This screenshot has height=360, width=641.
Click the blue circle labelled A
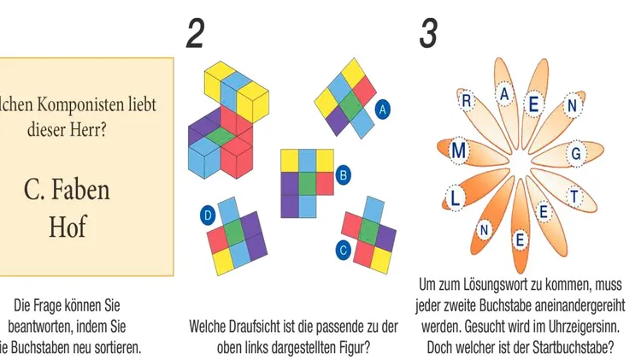(382, 109)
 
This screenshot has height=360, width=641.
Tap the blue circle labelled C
(344, 251)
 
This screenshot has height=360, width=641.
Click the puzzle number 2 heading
(196, 33)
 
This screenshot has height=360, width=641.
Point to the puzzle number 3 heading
(428, 33)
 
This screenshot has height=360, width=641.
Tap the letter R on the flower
(468, 101)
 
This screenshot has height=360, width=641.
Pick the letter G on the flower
(577, 154)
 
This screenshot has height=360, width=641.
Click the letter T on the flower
(574, 197)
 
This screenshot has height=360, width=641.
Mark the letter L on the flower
(453, 201)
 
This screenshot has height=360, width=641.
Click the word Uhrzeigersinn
(579, 327)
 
